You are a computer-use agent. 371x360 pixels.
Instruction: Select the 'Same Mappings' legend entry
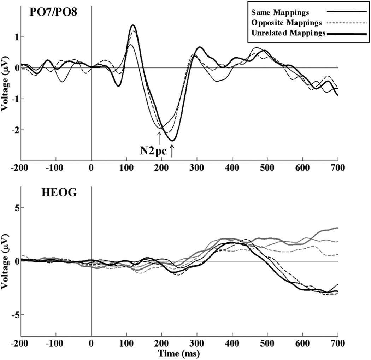point(280,13)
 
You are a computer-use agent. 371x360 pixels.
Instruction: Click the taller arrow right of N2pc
point(172,151)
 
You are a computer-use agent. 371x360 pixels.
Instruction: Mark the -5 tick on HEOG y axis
point(14,315)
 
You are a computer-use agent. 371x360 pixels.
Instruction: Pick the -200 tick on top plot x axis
point(21,168)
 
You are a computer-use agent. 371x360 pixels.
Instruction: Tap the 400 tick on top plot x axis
point(232,168)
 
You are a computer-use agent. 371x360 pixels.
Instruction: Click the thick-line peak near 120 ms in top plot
point(133,25)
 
